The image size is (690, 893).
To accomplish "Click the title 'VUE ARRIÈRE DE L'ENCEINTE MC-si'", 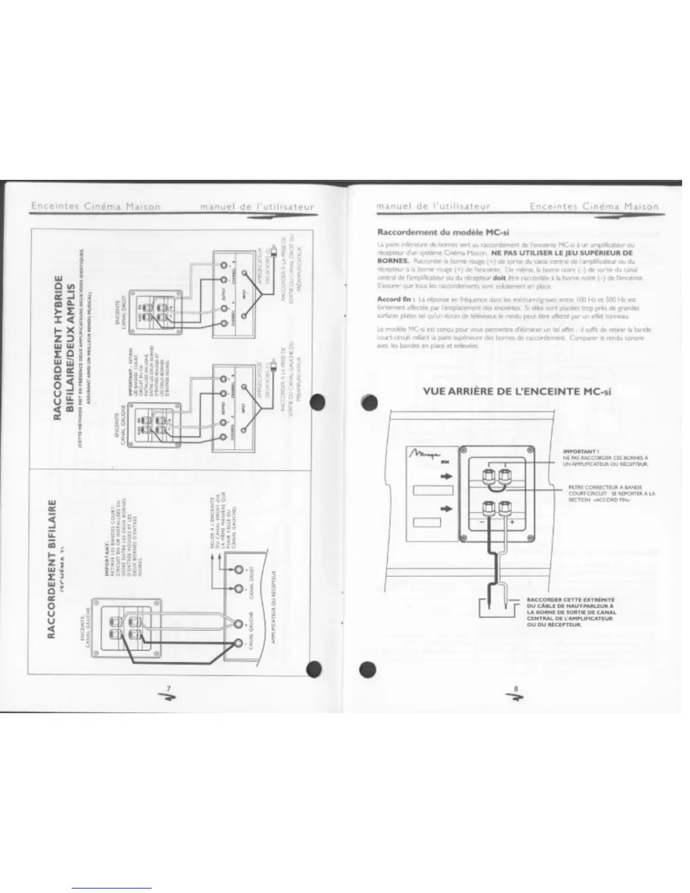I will click(x=516, y=391).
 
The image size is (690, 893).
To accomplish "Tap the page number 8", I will click(x=515, y=687).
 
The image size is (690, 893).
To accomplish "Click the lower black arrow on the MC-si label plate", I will click(x=446, y=509).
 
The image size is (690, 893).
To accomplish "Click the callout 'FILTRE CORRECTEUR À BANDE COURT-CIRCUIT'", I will click(x=611, y=493).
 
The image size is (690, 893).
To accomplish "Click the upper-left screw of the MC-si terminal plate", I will click(x=463, y=450).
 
